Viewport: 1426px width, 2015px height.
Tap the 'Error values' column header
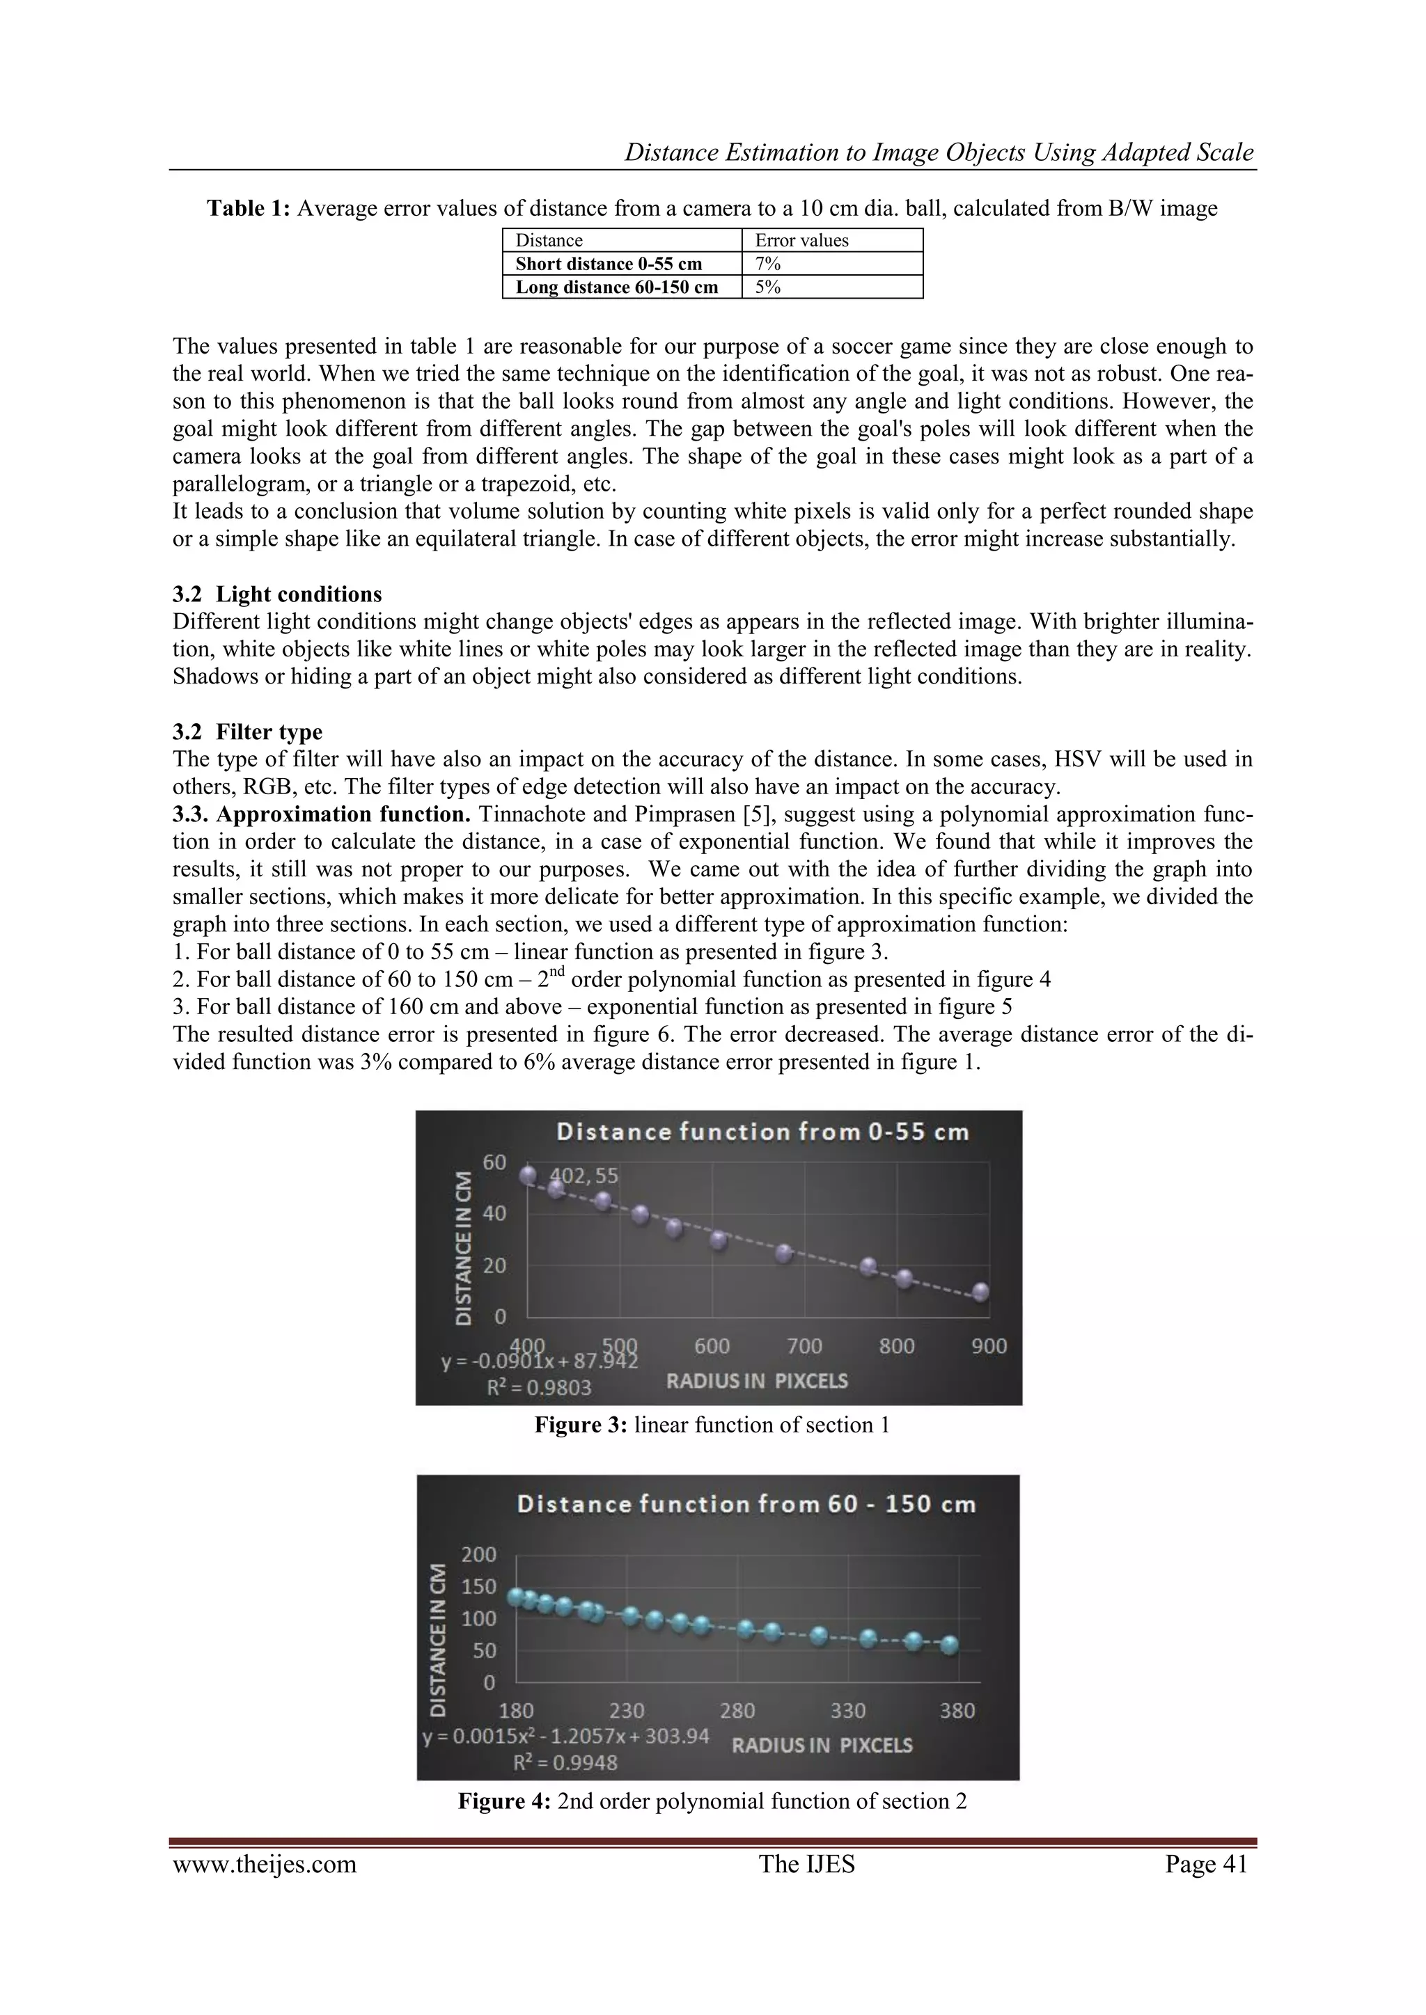click(801, 240)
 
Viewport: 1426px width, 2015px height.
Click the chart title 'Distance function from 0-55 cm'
click(762, 1132)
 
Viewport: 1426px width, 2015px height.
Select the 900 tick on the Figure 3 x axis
click(989, 1346)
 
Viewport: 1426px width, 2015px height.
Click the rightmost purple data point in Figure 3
click(981, 1292)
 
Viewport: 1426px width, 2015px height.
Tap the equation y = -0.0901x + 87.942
click(539, 1362)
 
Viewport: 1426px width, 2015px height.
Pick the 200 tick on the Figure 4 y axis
click(480, 1555)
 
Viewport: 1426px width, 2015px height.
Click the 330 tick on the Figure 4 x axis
click(847, 1710)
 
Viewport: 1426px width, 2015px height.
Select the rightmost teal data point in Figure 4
click(949, 1645)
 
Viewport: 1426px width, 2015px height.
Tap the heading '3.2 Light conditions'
click(278, 594)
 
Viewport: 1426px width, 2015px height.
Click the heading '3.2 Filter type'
click(248, 732)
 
